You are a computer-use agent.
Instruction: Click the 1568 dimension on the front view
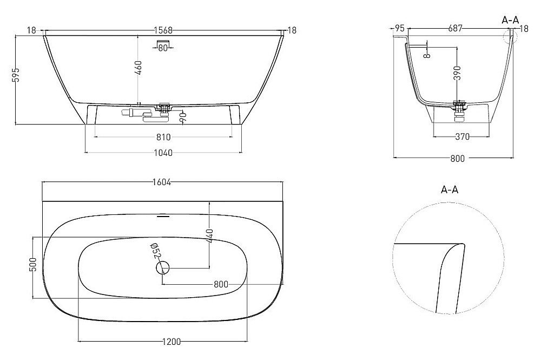(x=163, y=31)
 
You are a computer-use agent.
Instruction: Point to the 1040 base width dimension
(x=163, y=153)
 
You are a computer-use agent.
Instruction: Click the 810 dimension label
(x=163, y=136)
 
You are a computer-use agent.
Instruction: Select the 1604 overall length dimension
(x=162, y=182)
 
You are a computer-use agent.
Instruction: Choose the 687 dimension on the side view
(x=454, y=28)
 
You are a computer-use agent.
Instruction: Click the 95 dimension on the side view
(x=400, y=28)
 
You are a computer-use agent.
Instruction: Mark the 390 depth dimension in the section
(x=457, y=73)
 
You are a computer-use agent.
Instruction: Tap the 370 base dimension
(x=461, y=137)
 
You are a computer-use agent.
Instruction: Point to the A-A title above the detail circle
(x=450, y=189)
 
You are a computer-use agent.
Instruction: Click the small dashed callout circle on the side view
(x=509, y=36)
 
